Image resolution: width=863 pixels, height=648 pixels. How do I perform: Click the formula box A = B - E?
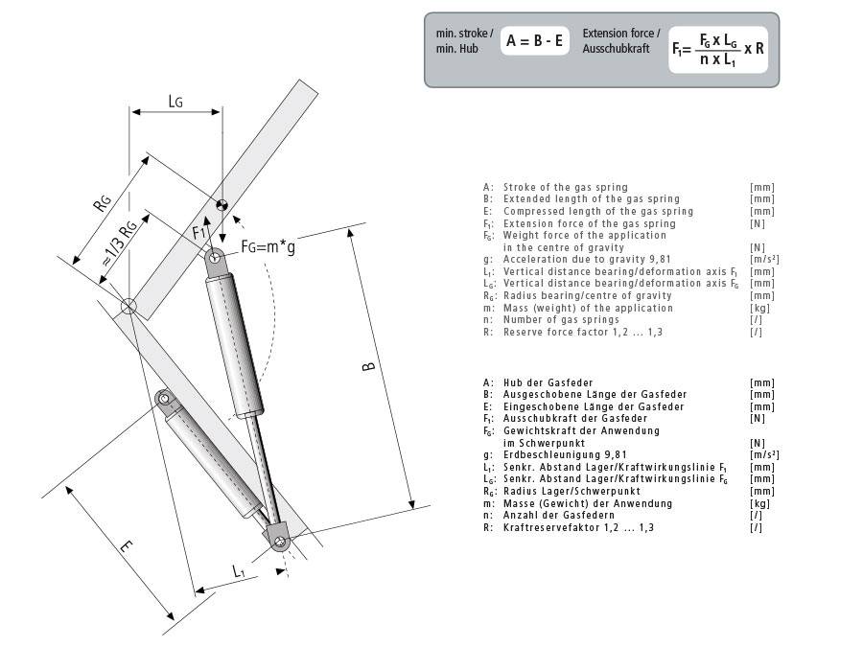click(x=535, y=41)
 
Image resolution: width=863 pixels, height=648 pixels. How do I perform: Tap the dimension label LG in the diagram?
click(x=175, y=100)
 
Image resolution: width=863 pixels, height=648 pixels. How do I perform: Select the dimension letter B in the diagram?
click(x=370, y=365)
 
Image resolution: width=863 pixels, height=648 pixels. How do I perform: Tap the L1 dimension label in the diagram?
click(x=238, y=570)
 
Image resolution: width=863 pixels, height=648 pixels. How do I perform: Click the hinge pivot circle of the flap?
click(x=128, y=307)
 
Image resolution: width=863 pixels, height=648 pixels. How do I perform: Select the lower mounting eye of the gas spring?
click(x=280, y=542)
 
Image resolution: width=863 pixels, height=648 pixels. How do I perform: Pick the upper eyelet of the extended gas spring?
click(x=217, y=257)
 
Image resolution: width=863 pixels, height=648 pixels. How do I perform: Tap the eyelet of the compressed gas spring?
click(x=165, y=396)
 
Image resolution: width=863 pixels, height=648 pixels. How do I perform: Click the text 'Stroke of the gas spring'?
click(x=565, y=187)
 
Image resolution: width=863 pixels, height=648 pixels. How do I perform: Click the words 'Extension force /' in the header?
click(x=620, y=34)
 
